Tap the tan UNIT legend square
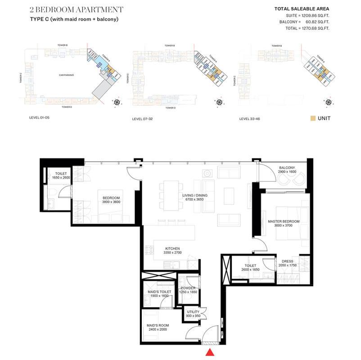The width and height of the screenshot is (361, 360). (313, 119)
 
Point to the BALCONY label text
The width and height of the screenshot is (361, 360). (286, 167)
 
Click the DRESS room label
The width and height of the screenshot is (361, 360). (287, 261)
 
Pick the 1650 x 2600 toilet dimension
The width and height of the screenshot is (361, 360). (61, 178)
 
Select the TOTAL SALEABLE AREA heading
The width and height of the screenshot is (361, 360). (302, 9)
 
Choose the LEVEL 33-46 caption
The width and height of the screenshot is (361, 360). (250, 119)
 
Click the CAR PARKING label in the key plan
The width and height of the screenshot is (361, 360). (66, 75)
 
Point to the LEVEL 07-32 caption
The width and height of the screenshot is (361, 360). (144, 119)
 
